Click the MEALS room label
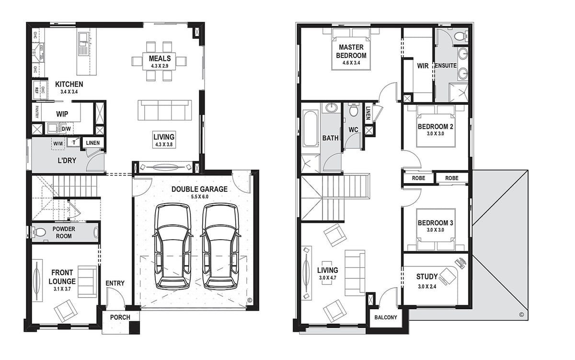[160, 58]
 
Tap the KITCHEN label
[69, 84]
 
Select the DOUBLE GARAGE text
[199, 189]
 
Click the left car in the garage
[173, 246]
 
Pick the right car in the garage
[220, 246]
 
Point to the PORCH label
[120, 317]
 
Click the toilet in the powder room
[39, 232]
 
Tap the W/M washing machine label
[58, 143]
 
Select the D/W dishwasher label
[66, 129]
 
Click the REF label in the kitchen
[36, 90]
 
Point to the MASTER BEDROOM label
[351, 51]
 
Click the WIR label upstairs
[423, 66]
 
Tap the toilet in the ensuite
[461, 36]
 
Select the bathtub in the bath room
[310, 129]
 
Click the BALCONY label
[386, 317]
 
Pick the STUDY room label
[427, 277]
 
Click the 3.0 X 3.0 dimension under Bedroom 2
[436, 134]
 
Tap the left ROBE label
[418, 178]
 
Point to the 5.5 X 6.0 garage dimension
[199, 197]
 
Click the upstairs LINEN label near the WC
[368, 113]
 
